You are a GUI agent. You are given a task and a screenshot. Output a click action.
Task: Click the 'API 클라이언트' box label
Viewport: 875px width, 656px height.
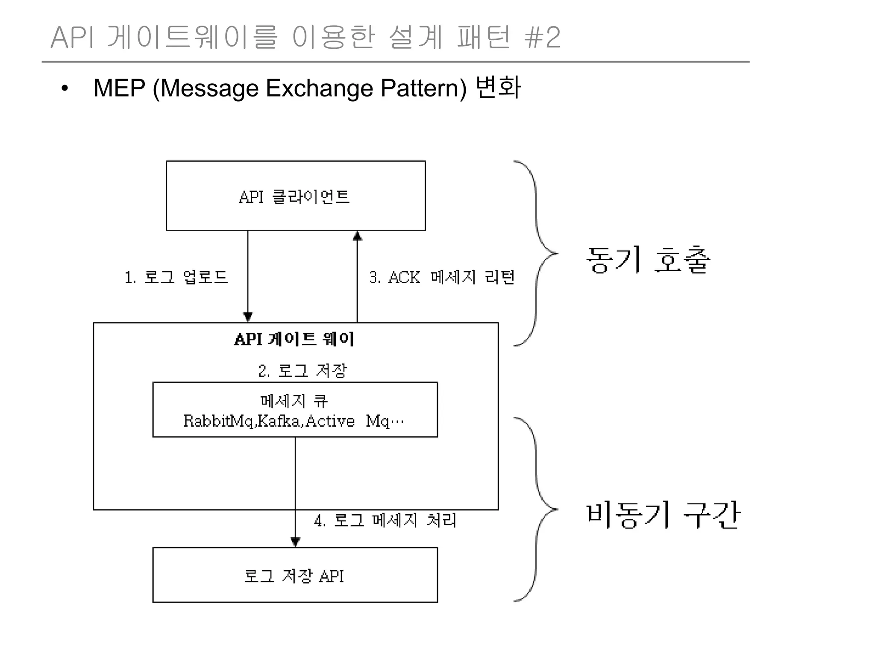pyautogui.click(x=294, y=197)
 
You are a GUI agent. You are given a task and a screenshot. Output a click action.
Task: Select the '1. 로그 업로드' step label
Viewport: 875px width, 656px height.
pyautogui.click(x=176, y=277)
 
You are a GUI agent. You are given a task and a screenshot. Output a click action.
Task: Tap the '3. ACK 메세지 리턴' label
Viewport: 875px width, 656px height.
pyautogui.click(x=442, y=277)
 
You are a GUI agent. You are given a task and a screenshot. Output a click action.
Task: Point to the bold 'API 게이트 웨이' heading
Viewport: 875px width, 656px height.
pyautogui.click(x=294, y=339)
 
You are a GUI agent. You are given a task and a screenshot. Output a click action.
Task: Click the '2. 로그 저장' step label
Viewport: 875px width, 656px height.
pyautogui.click(x=302, y=370)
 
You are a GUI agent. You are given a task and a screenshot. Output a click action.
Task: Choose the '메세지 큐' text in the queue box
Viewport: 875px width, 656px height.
pyautogui.click(x=294, y=401)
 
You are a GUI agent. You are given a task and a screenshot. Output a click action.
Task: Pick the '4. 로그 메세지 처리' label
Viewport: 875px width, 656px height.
pyautogui.click(x=385, y=520)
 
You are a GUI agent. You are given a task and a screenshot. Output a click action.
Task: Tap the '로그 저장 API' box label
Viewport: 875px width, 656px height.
pyautogui.click(x=294, y=576)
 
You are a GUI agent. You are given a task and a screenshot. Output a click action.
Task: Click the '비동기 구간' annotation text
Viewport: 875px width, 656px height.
pyautogui.click(x=662, y=515)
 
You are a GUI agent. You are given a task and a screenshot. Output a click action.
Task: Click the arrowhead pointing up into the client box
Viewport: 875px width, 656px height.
pyautogui.click(x=358, y=236)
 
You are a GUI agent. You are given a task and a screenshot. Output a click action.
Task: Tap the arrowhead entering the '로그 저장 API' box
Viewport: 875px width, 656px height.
pyautogui.click(x=295, y=542)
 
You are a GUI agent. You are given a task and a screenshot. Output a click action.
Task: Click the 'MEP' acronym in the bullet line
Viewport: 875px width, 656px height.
pyautogui.click(x=119, y=88)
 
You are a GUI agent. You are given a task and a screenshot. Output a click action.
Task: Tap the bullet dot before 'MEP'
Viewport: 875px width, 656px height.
pyautogui.click(x=65, y=89)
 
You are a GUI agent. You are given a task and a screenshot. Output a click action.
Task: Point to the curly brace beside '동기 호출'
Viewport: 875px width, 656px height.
pyautogui.click(x=537, y=253)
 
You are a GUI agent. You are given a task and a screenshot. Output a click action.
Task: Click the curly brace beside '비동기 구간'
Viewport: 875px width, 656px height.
pyautogui.click(x=537, y=509)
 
